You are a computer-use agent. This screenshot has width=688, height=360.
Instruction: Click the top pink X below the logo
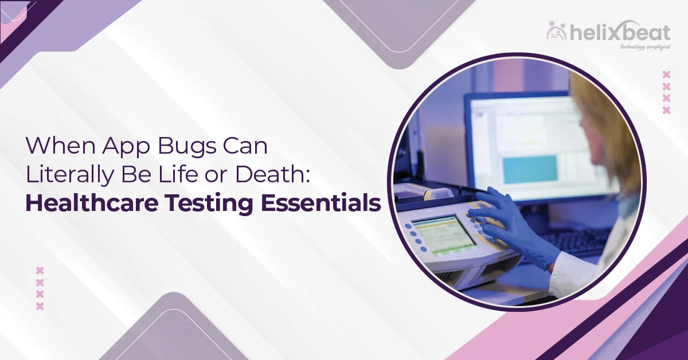(666, 74)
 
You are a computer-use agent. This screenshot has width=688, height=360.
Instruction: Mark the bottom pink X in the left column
(40, 307)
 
